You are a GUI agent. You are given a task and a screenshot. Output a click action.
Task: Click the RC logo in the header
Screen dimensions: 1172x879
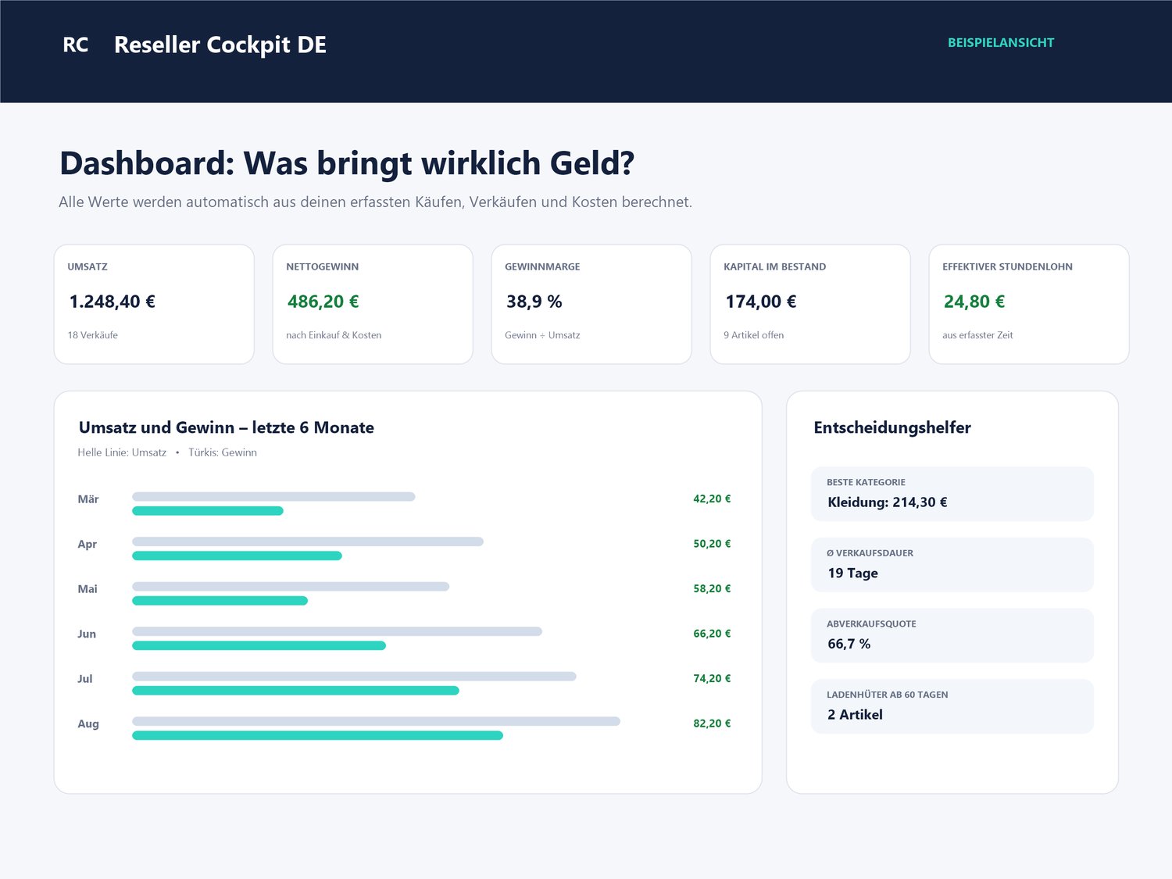[75, 45]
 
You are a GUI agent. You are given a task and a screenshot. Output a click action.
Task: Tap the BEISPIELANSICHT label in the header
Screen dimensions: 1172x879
[1001, 43]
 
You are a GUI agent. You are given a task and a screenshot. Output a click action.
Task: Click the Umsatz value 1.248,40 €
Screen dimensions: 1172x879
[113, 302]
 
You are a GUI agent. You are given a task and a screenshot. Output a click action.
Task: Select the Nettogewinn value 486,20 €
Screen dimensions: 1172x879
[323, 302]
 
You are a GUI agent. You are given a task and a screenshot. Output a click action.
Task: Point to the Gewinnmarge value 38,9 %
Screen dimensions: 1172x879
[534, 302]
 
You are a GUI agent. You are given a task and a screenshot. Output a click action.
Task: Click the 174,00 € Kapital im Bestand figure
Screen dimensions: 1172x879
[760, 302]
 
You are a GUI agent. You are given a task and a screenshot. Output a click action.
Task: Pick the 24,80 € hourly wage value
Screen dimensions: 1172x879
[974, 302]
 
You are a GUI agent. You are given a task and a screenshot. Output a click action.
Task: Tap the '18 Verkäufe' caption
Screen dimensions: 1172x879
[92, 335]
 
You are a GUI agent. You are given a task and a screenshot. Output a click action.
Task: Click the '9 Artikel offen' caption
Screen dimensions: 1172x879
[753, 335]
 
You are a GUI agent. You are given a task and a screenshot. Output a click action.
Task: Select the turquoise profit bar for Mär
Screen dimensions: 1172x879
[208, 511]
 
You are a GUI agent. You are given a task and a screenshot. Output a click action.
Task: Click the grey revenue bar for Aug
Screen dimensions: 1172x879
[376, 721]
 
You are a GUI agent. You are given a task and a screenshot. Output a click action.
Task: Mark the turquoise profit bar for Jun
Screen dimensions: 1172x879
[259, 646]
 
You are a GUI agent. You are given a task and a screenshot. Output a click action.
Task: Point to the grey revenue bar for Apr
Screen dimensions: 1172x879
[308, 541]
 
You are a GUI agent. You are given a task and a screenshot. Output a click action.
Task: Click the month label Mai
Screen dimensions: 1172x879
[88, 588]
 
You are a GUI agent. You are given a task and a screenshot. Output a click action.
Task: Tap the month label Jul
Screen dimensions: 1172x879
[85, 679]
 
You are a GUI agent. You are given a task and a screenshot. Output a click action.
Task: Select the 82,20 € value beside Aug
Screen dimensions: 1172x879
[712, 724]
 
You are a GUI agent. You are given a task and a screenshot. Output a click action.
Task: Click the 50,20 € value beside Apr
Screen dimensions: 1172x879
[712, 543]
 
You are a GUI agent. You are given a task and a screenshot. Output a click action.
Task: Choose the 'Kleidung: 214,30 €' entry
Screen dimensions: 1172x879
[888, 502]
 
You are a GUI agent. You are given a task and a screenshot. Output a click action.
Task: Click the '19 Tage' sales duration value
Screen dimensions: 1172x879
[852, 573]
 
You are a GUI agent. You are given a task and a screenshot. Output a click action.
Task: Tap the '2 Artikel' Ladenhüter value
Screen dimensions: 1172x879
[855, 715]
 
